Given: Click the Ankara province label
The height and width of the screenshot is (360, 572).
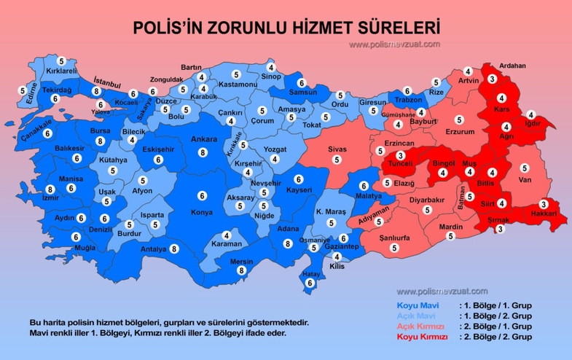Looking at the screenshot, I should point(204,139).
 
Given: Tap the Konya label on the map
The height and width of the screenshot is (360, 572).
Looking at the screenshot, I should point(203,212).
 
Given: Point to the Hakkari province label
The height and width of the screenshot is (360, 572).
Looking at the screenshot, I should point(544,214).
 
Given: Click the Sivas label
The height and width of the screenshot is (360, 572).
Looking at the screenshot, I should point(336,149).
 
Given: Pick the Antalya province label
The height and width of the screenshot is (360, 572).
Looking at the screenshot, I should point(154,249).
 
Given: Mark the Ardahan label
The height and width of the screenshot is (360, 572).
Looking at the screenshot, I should point(512,66).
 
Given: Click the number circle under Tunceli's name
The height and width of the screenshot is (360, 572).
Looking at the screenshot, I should point(399,155).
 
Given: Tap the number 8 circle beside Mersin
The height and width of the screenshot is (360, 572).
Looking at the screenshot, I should point(240,270).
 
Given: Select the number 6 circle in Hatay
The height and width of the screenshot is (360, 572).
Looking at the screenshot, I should point(310,283).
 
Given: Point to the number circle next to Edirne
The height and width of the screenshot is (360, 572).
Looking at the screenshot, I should point(22,91).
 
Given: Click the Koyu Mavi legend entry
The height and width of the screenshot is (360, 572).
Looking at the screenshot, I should point(414,305).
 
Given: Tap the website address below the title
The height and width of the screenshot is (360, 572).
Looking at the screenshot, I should point(394,44).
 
